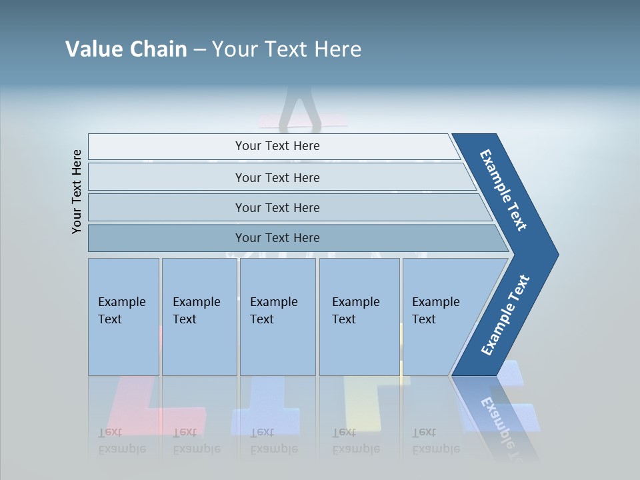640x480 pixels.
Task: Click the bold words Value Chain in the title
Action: [x=126, y=49]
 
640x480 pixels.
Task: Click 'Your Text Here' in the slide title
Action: [x=287, y=49]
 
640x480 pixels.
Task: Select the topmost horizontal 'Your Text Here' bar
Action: [x=277, y=146]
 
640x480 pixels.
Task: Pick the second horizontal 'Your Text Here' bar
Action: [x=277, y=177]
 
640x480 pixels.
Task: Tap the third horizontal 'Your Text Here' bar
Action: [x=277, y=207]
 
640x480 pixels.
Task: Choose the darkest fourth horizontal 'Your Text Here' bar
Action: [x=277, y=238]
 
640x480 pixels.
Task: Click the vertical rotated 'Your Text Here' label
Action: [x=77, y=191]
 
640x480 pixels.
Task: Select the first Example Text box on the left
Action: [x=123, y=317]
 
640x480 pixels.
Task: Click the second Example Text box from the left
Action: [x=199, y=317]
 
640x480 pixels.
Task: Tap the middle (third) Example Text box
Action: [x=277, y=317]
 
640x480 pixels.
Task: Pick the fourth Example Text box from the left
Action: [x=359, y=317]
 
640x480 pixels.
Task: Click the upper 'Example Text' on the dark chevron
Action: [x=503, y=190]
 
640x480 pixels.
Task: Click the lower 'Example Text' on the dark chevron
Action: [x=505, y=315]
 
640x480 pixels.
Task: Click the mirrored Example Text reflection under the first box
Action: [x=122, y=441]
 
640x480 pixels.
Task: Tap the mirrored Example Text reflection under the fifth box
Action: [x=435, y=441]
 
